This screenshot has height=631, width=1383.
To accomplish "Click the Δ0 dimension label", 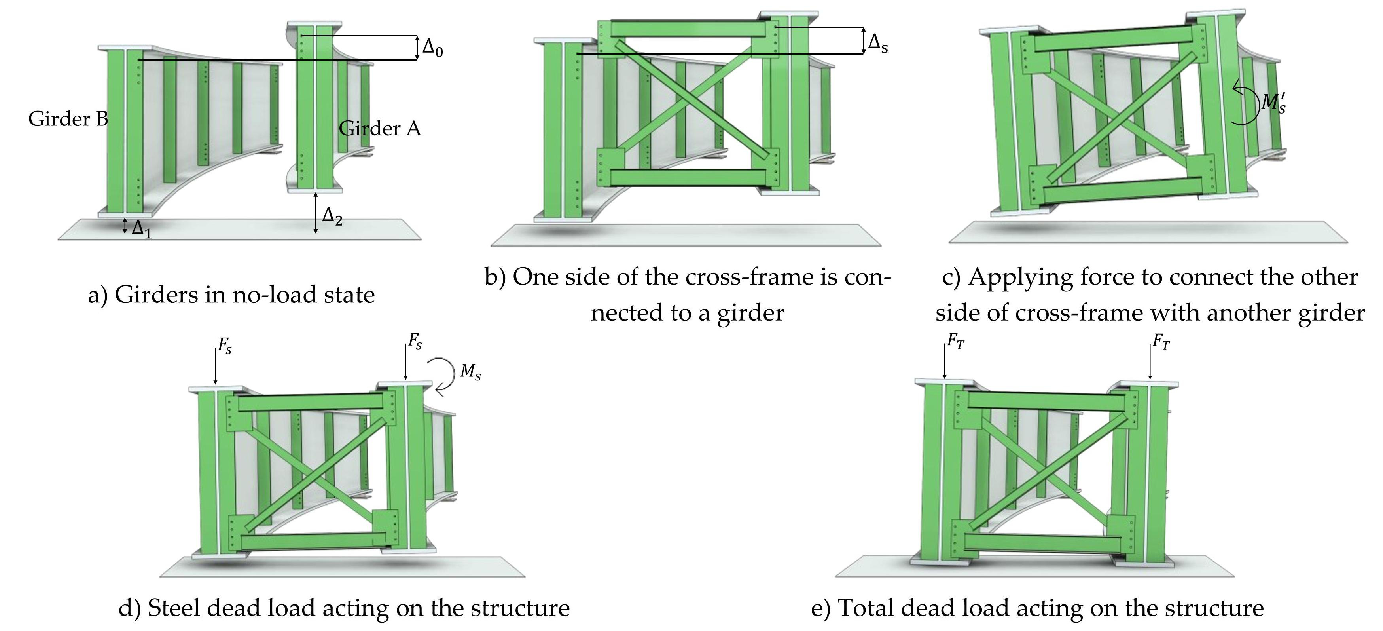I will pos(432,48).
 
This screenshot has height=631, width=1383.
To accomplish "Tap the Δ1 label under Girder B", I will pos(141,229).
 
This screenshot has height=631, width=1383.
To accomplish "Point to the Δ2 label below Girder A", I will pos(332,217).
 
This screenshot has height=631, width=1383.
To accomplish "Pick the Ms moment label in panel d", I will pos(470,372).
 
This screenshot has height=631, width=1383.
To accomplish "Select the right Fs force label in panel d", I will pos(415,342).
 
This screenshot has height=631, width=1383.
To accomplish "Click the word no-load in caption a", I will pos(272,295).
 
